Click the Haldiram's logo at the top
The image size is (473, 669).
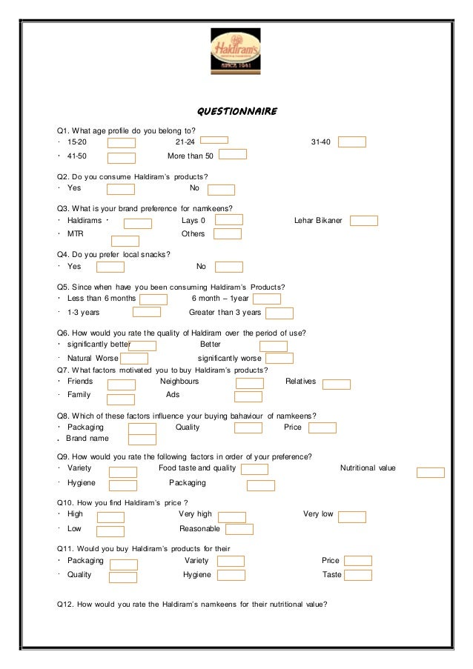pos(236,50)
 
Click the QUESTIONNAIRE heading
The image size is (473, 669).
pos(236,112)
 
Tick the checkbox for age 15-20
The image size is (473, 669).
pos(122,142)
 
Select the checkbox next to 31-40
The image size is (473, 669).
pos(351,142)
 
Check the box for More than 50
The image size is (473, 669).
pos(233,154)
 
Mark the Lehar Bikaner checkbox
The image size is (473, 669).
pos(363,220)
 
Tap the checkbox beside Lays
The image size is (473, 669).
pos(229,219)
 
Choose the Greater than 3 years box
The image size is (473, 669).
pos(279,313)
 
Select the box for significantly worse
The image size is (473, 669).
pos(279,359)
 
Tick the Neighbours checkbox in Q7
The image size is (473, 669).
pos(249,382)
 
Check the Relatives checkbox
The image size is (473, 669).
pos(337,384)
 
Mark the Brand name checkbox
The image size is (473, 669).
pos(142,440)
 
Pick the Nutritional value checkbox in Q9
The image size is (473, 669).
pos(430,472)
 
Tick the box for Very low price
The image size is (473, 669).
pos(351,516)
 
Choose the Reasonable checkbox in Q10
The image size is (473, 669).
pos(239,529)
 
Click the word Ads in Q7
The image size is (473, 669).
pos(173,394)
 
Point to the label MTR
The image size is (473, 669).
pos(75,233)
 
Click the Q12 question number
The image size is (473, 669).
pos(65,602)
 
